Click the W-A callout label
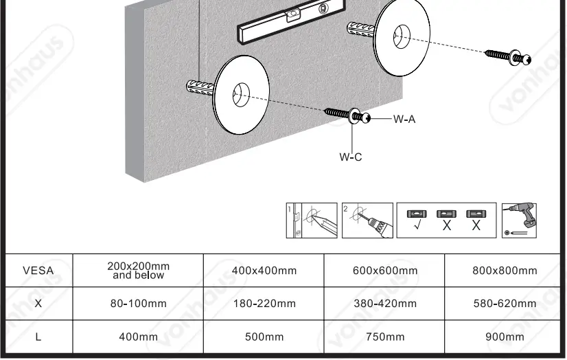click(x=404, y=119)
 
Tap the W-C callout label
click(x=350, y=157)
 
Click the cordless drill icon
click(x=520, y=221)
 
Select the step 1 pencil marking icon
click(x=312, y=221)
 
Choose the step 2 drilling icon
click(x=367, y=221)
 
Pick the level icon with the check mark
click(x=417, y=221)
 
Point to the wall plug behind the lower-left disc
click(x=200, y=88)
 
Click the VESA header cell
click(x=38, y=270)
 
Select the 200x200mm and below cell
click(x=138, y=270)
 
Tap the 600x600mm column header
click(x=385, y=270)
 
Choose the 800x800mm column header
click(x=505, y=270)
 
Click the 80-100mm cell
click(x=138, y=303)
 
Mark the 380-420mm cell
click(x=385, y=303)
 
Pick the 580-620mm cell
click(x=505, y=303)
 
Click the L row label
click(x=38, y=337)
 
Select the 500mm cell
click(x=264, y=337)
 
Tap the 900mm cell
click(x=505, y=337)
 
